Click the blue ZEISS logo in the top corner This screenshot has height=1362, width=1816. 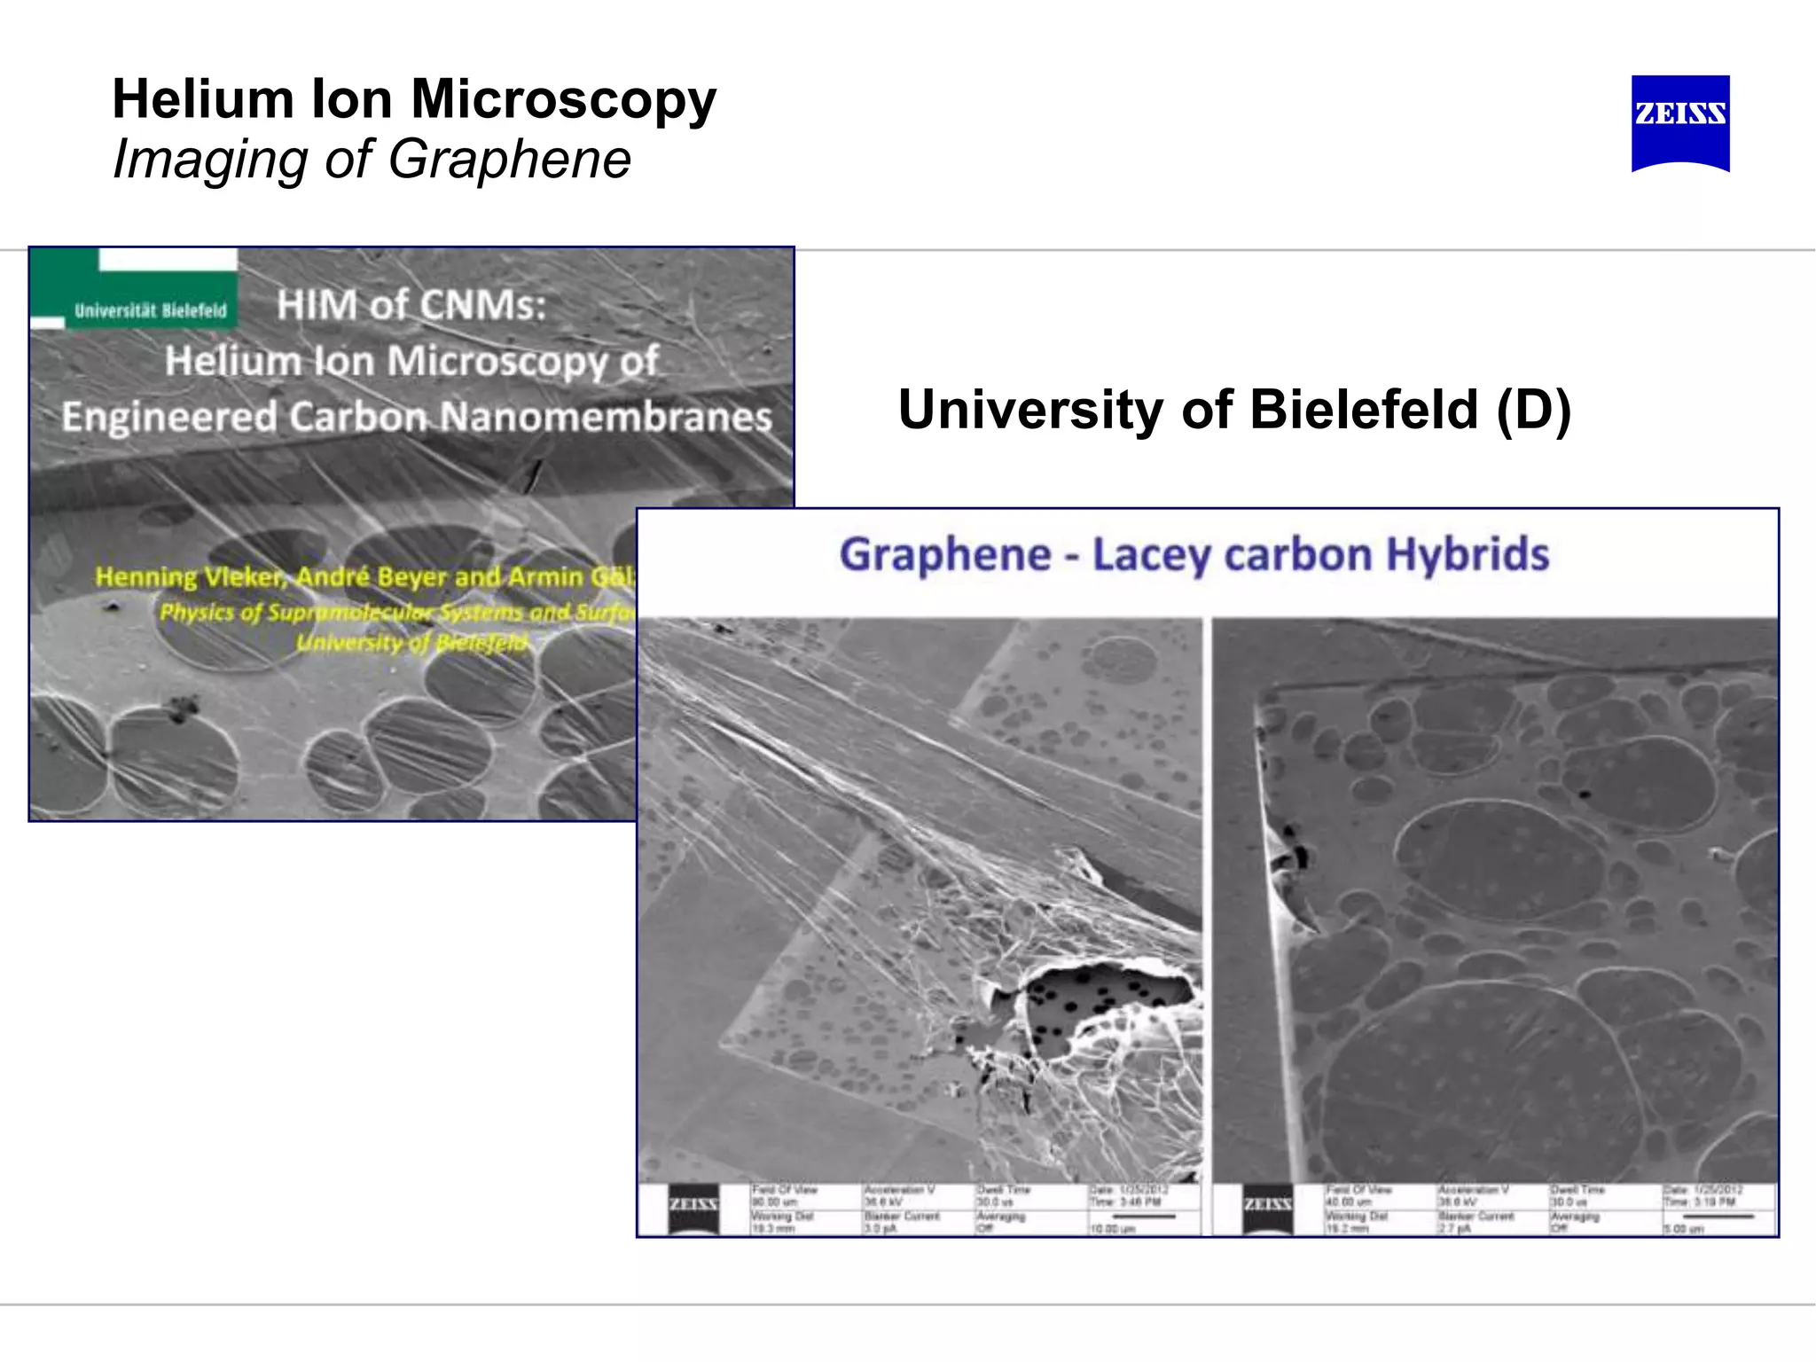(1679, 121)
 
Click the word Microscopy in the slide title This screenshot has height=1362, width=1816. (563, 98)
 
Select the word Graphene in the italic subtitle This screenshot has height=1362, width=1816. (509, 160)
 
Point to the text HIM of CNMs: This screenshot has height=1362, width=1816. (411, 305)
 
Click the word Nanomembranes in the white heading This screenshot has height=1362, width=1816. (607, 417)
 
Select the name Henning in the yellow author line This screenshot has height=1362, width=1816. (145, 577)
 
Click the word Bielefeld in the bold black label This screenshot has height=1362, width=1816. (1364, 410)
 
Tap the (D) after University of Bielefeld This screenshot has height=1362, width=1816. (1533, 410)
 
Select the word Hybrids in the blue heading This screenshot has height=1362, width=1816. (1468, 555)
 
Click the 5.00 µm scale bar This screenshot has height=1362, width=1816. (1718, 1217)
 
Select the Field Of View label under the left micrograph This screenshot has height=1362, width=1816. (784, 1190)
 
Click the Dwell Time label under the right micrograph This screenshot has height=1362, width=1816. (1577, 1190)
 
